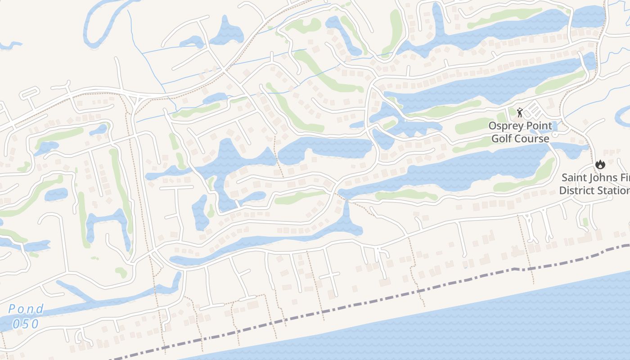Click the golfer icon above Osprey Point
520,112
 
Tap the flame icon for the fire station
600,164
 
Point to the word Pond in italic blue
26,309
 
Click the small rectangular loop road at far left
29,94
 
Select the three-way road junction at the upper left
134,96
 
